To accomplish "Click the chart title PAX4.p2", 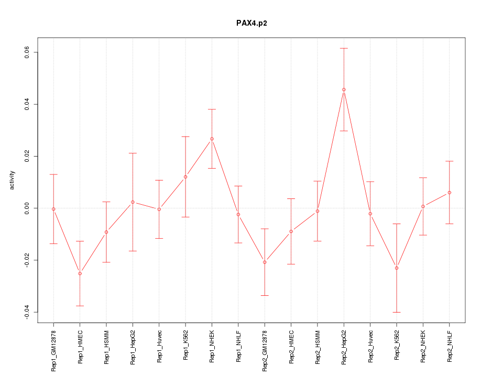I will coord(251,24).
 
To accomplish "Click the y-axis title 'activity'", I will coord(13,180).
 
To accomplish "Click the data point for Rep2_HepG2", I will coord(344,90).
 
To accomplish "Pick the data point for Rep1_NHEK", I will coord(212,139).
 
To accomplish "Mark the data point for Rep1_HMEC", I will coord(80,273).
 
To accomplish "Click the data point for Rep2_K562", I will coord(397,268).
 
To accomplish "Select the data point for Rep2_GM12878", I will coord(265,262).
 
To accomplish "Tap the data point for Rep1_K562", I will coord(185,177).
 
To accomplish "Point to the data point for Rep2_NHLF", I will coord(450,193).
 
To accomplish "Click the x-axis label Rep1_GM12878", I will coord(53,350).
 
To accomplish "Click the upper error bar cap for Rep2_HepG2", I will coord(344,48).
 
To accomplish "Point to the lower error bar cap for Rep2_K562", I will coord(397,312).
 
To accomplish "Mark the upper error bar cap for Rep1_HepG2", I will coord(133,153).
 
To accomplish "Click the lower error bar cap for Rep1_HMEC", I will coord(80,306).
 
